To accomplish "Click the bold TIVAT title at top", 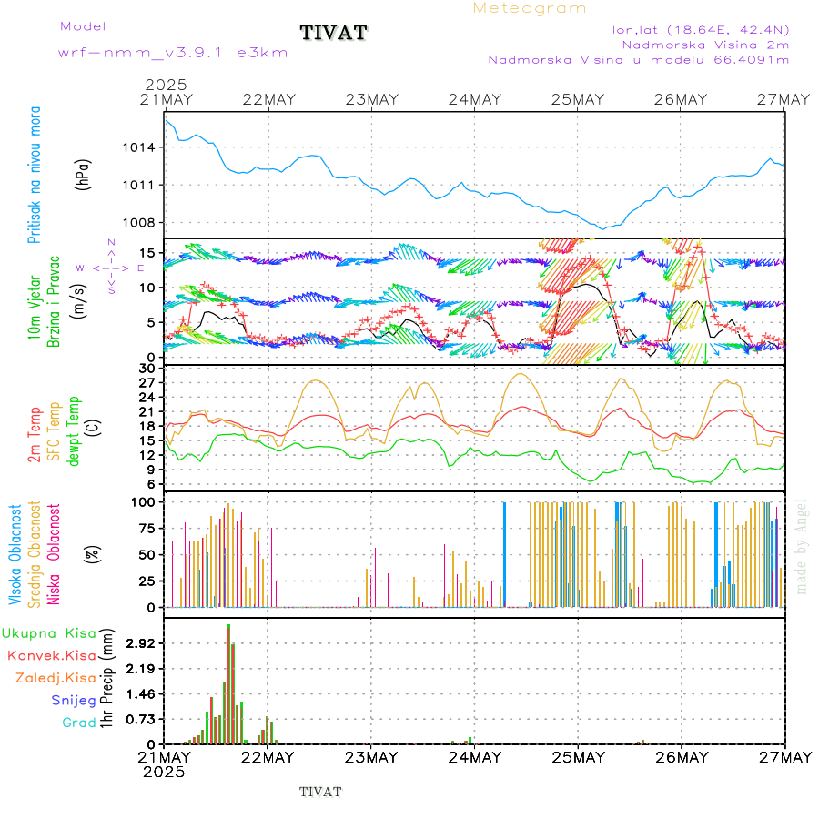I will coord(334,34).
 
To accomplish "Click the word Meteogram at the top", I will coord(531,8).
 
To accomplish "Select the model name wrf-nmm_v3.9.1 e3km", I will coord(160,53).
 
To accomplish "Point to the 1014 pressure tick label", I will coord(146,147).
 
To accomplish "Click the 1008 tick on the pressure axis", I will coord(146,222).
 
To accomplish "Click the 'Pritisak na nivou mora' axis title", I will coord(35,179).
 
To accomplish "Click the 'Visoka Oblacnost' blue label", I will coord(16,553).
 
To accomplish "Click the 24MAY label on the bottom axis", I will coord(475,757).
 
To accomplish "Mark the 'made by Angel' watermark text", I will coord(802,546).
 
